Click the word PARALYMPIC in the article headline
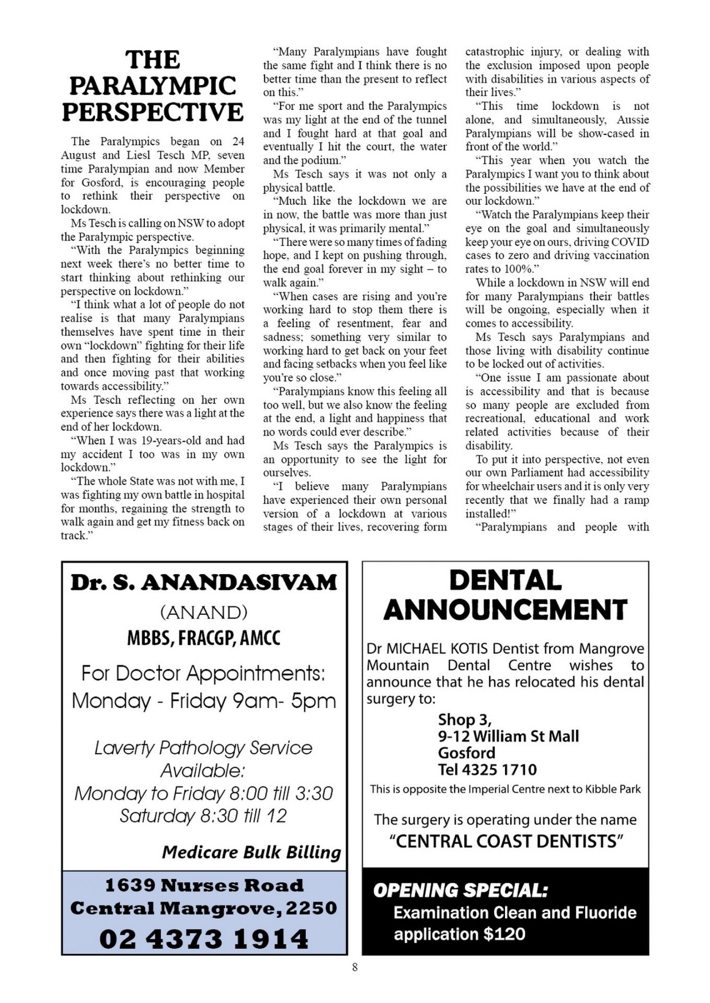click(x=153, y=86)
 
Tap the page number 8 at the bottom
click(x=355, y=967)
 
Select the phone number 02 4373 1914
click(x=204, y=939)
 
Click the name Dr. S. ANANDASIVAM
click(x=204, y=582)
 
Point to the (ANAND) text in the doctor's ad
click(x=204, y=612)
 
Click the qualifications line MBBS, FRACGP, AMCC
click(x=204, y=638)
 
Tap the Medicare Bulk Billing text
click(x=251, y=852)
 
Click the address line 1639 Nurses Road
click(x=204, y=885)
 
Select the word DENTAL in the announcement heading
click(x=505, y=580)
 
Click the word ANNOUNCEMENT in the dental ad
click(x=505, y=610)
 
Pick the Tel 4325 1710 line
click(x=487, y=769)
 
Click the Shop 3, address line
click(x=465, y=720)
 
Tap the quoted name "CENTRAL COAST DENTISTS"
click(x=506, y=842)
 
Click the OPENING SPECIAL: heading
click(x=460, y=890)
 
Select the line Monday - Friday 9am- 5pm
click(x=204, y=701)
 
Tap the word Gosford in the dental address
click(x=466, y=753)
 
